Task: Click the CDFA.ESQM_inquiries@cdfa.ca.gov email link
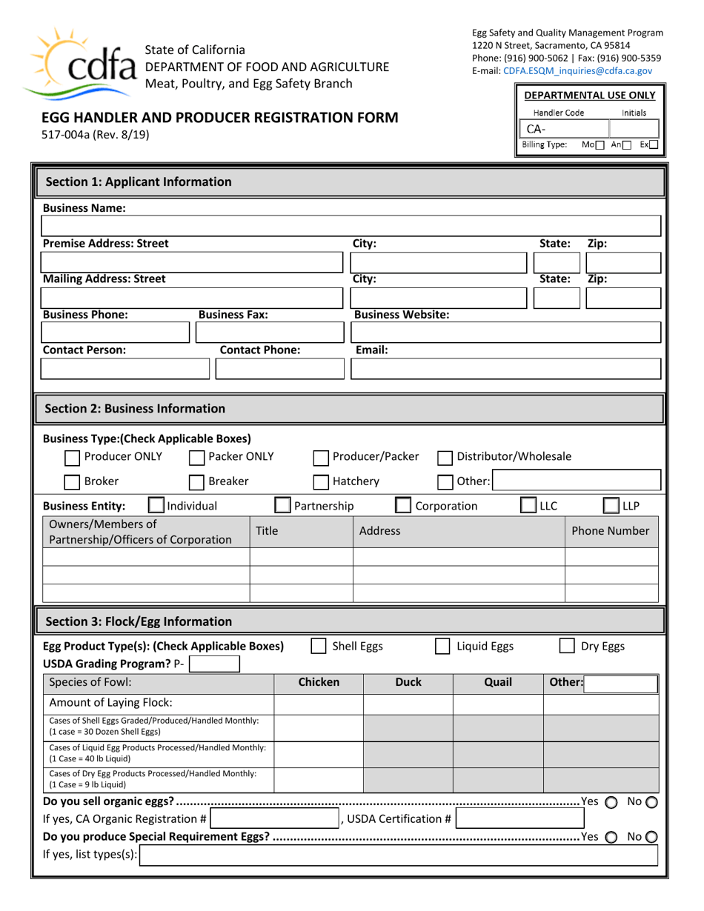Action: click(577, 71)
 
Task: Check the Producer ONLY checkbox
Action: click(73, 458)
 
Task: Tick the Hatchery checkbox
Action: click(321, 483)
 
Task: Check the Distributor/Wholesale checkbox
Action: click(445, 458)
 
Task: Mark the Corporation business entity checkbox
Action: click(403, 507)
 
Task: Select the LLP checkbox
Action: click(611, 507)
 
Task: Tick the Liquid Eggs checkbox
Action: click(442, 647)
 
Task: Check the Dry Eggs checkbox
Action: click(567, 647)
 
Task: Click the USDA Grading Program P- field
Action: click(215, 664)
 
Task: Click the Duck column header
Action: click(408, 683)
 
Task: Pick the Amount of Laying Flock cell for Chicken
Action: click(318, 704)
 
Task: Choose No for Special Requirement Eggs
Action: click(651, 838)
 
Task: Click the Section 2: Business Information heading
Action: click(136, 409)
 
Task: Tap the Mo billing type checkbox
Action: click(601, 145)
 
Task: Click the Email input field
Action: click(505, 369)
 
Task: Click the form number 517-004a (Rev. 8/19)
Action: click(94, 135)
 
